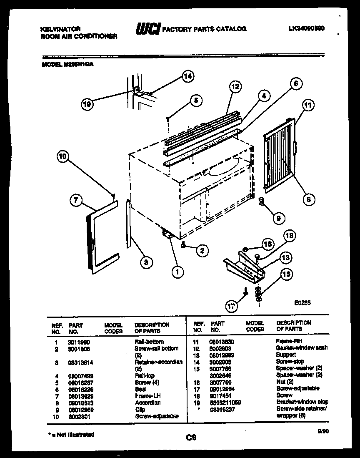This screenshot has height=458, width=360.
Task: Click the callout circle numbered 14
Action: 188,76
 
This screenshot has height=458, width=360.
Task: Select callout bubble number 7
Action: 75,201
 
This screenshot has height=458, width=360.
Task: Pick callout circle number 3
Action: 145,262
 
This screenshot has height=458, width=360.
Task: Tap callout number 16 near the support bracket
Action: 267,244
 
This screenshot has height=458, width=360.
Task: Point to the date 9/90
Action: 320,433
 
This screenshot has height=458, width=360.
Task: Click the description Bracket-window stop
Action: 302,402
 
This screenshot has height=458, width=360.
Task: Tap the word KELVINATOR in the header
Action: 60,29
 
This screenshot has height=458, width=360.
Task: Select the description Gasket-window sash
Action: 302,348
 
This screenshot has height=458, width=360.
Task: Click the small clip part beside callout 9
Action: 262,202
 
